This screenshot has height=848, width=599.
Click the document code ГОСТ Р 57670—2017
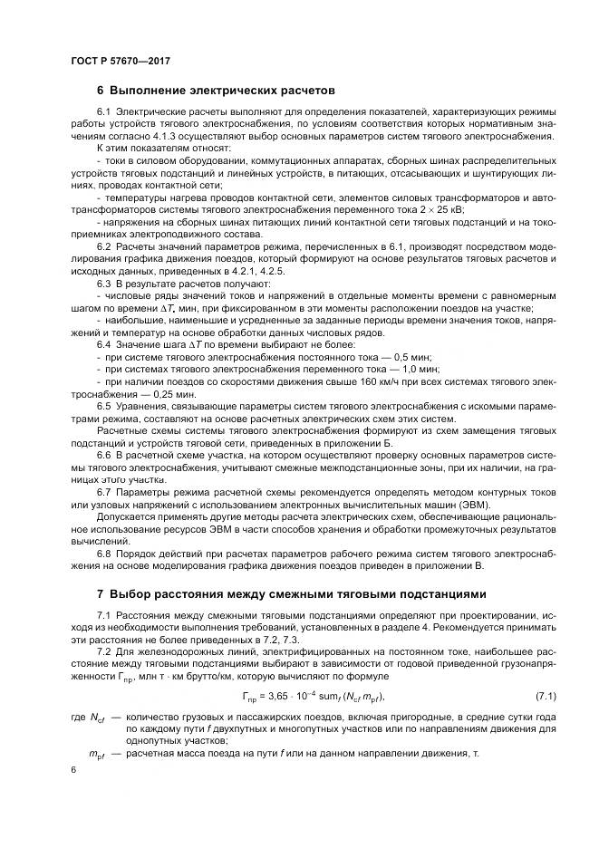coord(120,61)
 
